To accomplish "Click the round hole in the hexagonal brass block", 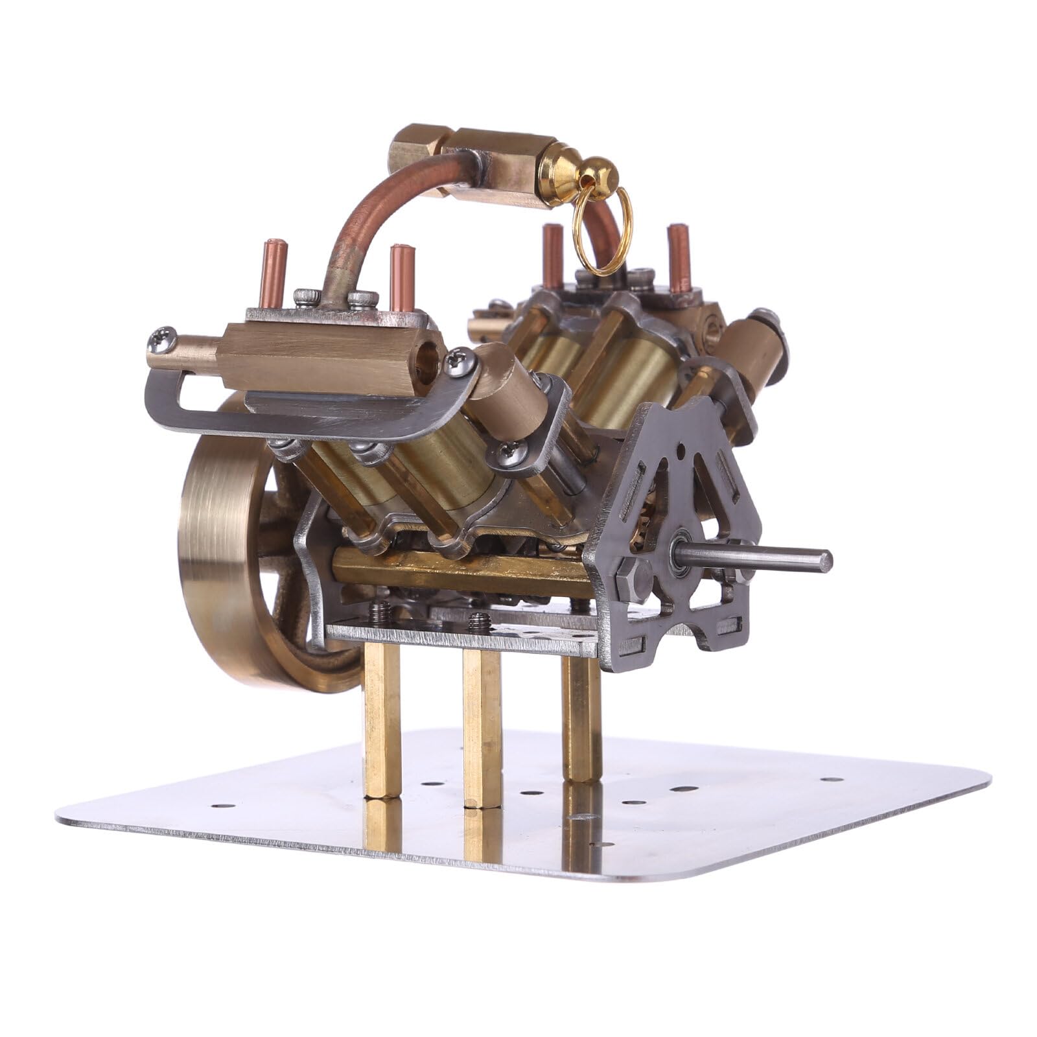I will (x=428, y=353).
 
